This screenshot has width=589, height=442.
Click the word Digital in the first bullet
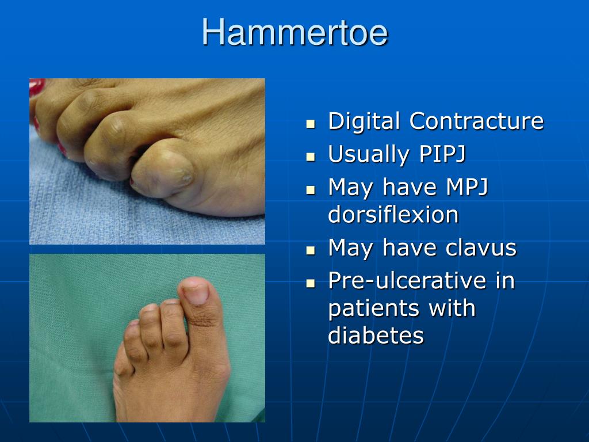pos(364,121)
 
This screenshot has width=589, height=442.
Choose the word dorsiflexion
pos(393,215)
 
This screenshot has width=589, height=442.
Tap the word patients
pos(373,308)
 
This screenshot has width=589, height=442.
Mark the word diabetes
pos(376,336)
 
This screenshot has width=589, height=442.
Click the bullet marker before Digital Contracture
pos(311,123)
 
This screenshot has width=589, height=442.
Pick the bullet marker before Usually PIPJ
pos(311,156)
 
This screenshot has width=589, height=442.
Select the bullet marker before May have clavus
pos(311,250)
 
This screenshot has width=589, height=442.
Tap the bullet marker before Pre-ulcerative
pos(311,283)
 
